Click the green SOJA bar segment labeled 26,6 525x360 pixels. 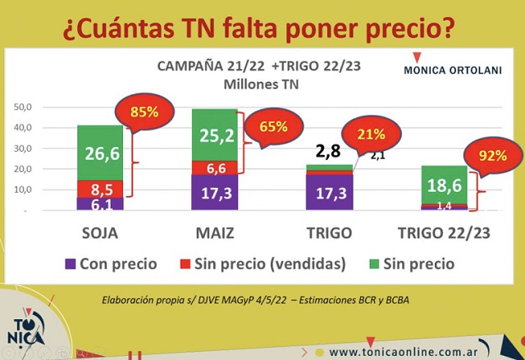pos(100,152)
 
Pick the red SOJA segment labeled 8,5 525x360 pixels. pos(100,189)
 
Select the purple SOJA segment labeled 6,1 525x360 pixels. pos(100,203)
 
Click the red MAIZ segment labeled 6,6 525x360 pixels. pos(214,168)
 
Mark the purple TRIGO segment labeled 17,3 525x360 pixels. pos(329,194)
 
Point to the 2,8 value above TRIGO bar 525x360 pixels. pos(328,151)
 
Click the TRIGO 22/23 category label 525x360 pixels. pos(444,233)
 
